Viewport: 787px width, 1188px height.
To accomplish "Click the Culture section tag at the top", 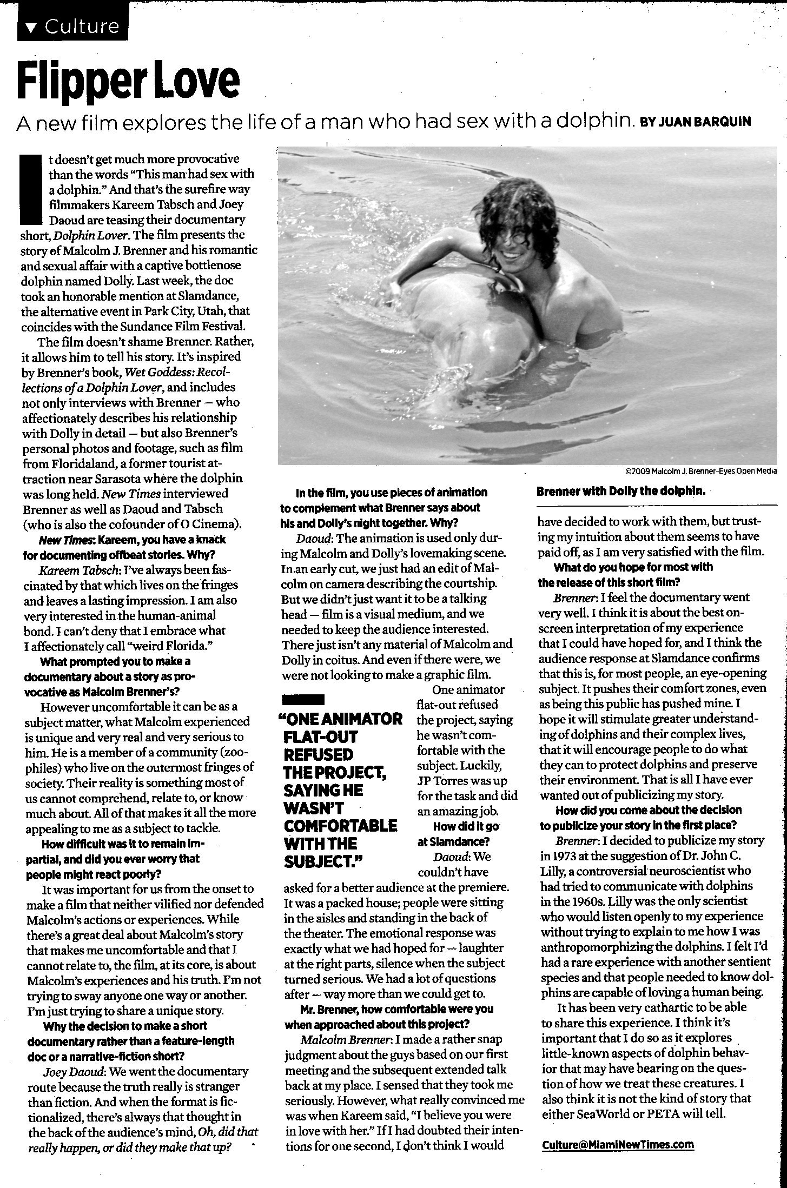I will coord(73,26).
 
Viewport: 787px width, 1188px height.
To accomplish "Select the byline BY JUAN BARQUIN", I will coord(696,122).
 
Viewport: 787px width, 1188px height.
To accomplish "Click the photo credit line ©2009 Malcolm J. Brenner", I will coord(700,471).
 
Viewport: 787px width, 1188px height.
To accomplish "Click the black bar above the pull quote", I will coord(303,699).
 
